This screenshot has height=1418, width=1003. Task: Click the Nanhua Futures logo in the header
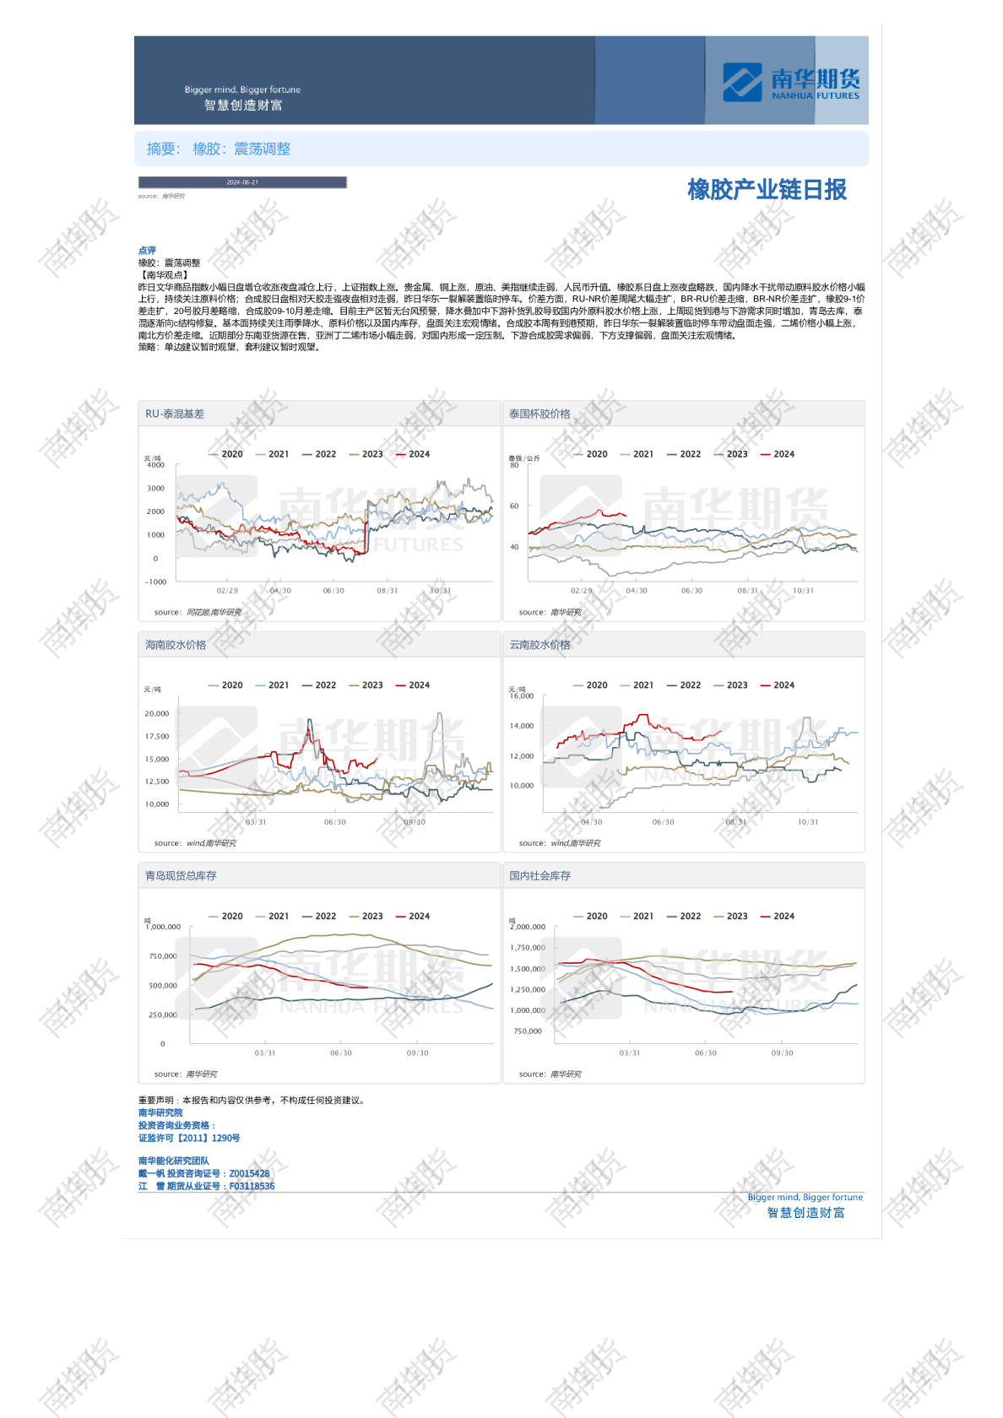click(790, 82)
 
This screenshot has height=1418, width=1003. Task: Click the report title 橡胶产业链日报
click(767, 190)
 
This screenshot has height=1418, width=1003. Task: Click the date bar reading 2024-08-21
click(242, 182)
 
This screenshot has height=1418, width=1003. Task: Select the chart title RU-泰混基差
click(175, 414)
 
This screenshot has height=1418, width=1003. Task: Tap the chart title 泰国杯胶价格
click(539, 414)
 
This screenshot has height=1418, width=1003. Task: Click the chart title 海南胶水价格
click(176, 645)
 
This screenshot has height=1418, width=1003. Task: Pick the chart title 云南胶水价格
click(539, 645)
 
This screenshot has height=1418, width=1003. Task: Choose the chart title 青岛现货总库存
click(181, 876)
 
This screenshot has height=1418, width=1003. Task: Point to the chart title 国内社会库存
click(539, 876)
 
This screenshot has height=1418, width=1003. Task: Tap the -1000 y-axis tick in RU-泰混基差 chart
click(156, 582)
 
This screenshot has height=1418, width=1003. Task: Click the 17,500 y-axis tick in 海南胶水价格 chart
click(157, 736)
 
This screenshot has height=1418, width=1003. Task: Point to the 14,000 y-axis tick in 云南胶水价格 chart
click(522, 726)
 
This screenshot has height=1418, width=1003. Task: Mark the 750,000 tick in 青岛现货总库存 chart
click(163, 956)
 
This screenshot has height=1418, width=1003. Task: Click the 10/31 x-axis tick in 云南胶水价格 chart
click(808, 822)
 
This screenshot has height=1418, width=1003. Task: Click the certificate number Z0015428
click(249, 1173)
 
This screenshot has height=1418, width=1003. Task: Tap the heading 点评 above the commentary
click(147, 251)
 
